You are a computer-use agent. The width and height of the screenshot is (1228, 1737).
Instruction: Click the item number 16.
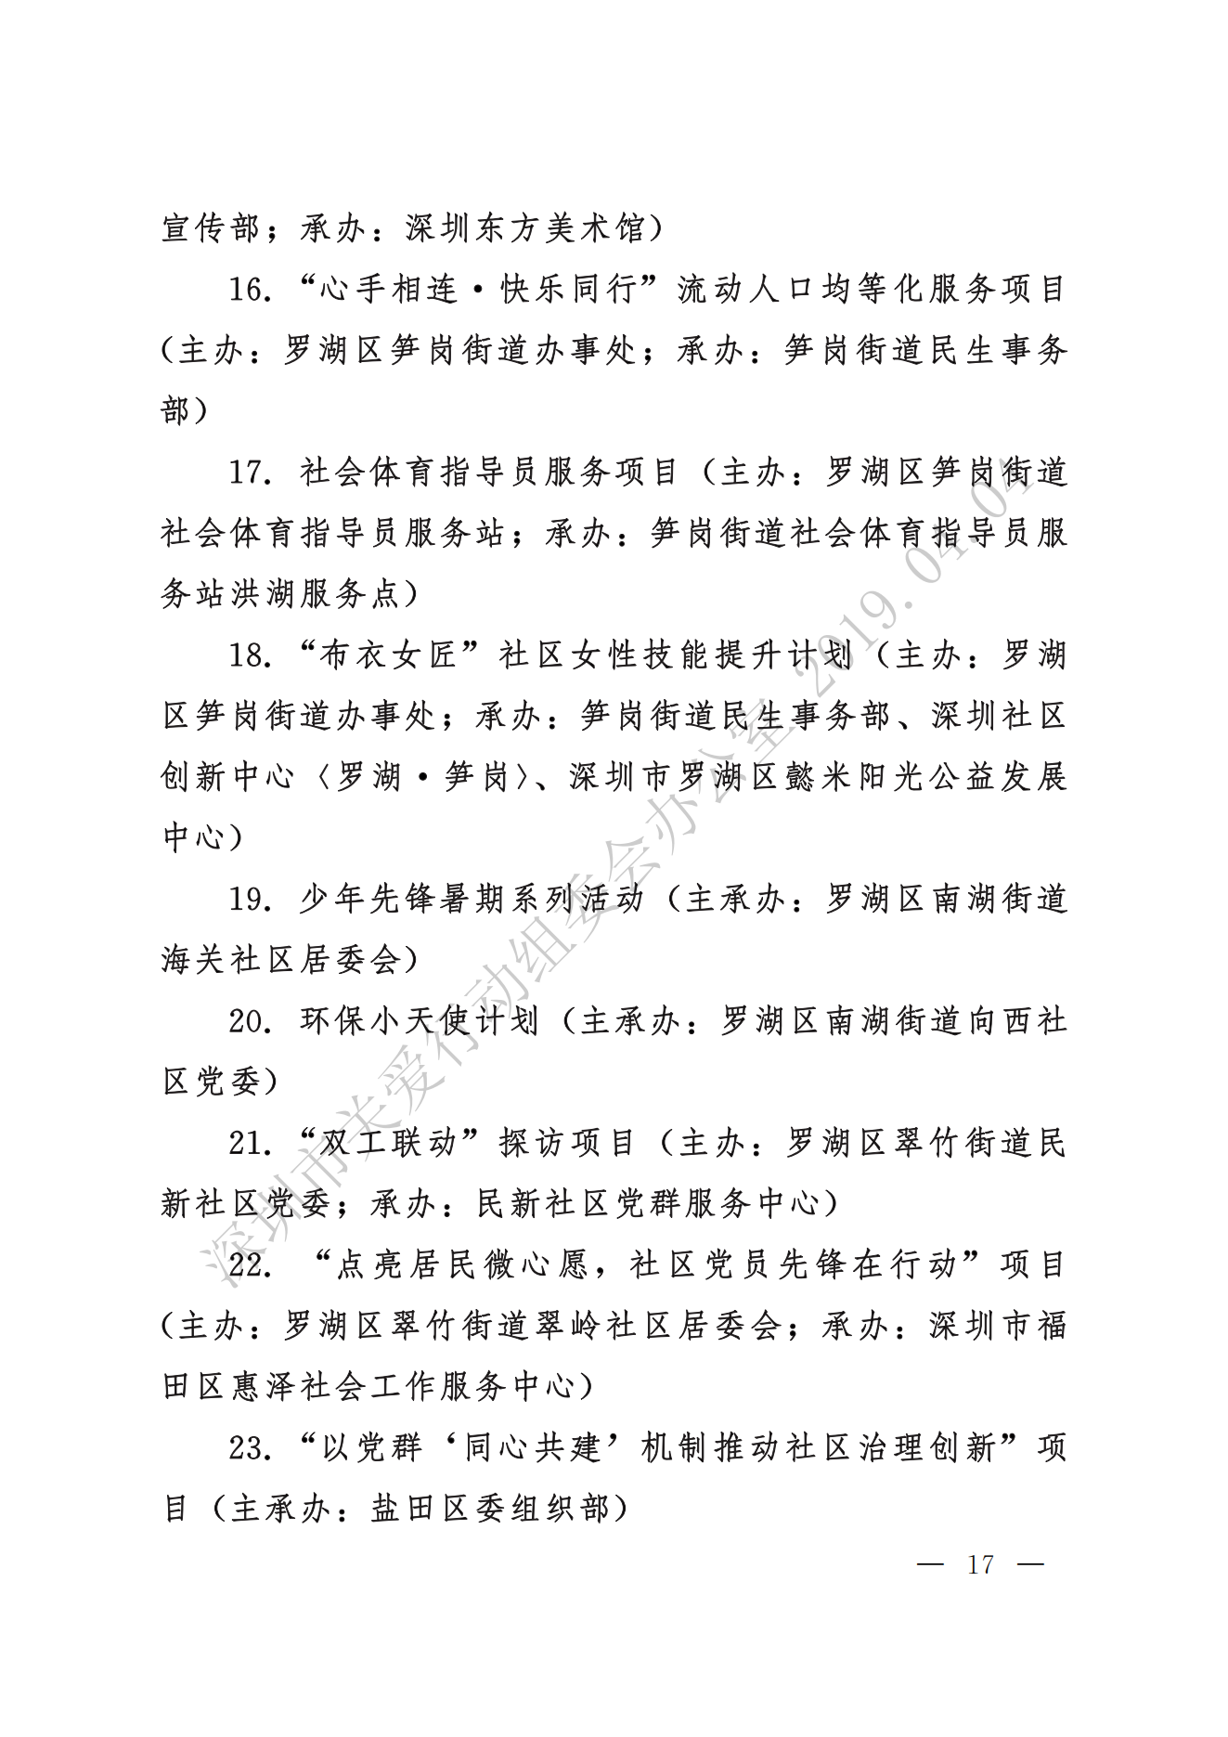(x=250, y=290)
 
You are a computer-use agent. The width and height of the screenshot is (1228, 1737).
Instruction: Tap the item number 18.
(x=250, y=655)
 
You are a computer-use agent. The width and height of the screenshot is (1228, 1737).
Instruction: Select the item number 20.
(x=250, y=1021)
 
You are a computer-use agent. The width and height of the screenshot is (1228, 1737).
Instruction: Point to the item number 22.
(x=250, y=1265)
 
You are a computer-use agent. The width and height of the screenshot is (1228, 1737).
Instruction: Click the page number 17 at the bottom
(x=980, y=1564)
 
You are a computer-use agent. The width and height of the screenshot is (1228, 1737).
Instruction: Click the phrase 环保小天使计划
(x=420, y=1021)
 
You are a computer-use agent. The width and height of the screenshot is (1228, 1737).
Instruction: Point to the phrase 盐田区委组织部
(x=491, y=1509)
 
